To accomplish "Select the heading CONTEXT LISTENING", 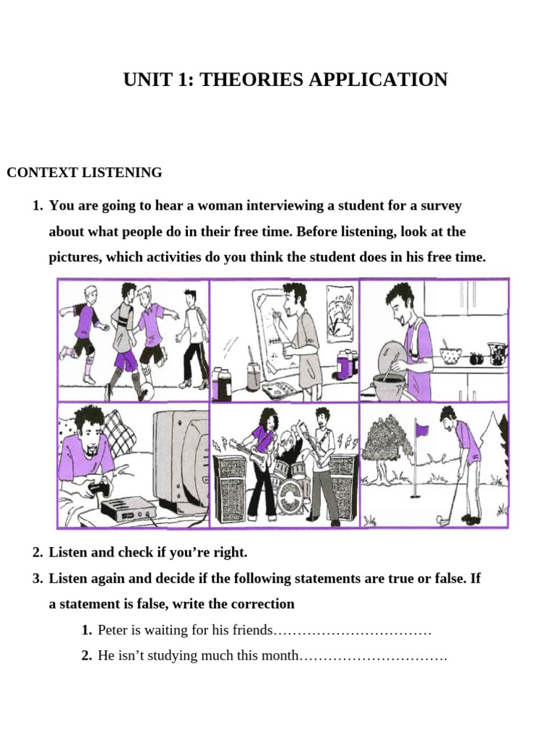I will tap(85, 173).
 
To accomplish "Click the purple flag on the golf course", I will tap(421, 431).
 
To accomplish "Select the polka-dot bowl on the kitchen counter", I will tap(451, 356).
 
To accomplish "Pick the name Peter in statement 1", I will tap(112, 630).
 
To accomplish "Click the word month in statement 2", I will tap(279, 656).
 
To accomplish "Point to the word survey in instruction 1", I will tap(440, 206).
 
